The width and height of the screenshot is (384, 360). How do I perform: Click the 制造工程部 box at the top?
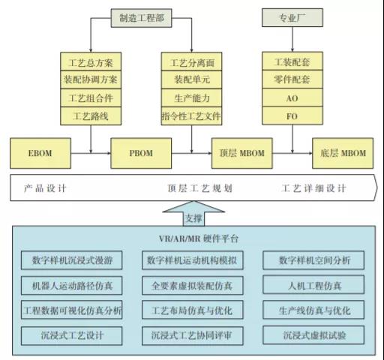[x=142, y=18]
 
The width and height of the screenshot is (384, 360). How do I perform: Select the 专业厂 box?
[x=292, y=17]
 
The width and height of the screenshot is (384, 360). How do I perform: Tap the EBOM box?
[x=40, y=153]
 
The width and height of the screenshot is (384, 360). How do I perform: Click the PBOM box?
[x=141, y=153]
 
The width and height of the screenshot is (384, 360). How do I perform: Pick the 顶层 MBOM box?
[x=242, y=153]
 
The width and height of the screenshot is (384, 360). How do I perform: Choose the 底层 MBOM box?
[x=343, y=153]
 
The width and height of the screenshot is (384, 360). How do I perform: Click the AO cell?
[x=292, y=97]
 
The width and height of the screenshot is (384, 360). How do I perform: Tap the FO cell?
[x=292, y=115]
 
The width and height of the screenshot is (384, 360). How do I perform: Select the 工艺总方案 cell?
[x=91, y=61]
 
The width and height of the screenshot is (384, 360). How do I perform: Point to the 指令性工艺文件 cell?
[x=191, y=116]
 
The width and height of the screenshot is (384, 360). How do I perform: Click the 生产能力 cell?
[x=191, y=97]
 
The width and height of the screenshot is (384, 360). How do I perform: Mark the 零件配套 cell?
[x=292, y=79]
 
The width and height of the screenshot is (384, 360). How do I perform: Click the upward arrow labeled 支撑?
[x=193, y=214]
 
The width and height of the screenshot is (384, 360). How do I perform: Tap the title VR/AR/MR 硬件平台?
[x=199, y=238]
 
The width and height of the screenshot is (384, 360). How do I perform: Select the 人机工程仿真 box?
[x=313, y=285]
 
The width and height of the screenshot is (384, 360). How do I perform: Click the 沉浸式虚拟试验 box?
[x=313, y=335]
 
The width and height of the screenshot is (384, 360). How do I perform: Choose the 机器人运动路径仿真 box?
[x=72, y=285]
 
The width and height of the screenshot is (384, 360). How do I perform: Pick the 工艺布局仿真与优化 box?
[x=193, y=310]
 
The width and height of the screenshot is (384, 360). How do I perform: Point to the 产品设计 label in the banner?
[x=45, y=188]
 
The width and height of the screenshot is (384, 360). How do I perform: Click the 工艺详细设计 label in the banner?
[x=314, y=188]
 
